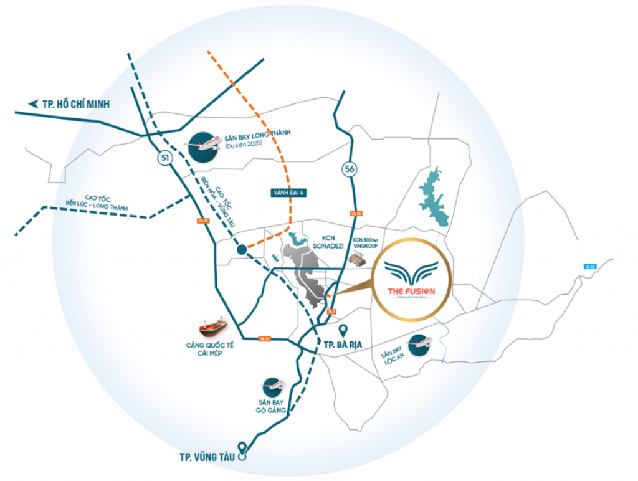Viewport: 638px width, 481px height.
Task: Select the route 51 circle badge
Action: (x=164, y=158)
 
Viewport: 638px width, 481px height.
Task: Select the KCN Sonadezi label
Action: (x=335, y=242)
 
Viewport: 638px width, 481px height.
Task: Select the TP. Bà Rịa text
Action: (x=344, y=344)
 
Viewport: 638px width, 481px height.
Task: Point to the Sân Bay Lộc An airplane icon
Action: (x=419, y=343)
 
